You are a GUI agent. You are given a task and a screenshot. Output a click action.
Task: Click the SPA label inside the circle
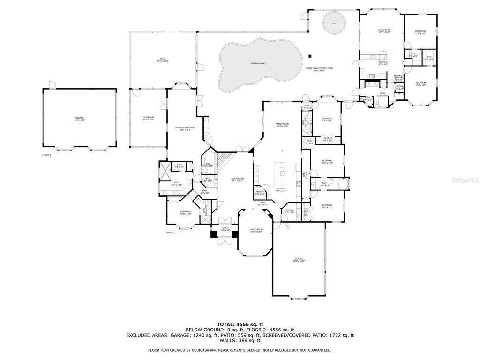pos(334,22)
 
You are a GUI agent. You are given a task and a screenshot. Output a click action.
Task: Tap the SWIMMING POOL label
pos(258,63)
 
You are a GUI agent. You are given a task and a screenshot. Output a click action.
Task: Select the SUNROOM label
pos(149,118)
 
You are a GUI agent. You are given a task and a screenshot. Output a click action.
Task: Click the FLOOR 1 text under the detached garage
pos(47,154)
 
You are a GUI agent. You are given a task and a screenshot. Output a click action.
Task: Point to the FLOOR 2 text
pos(170,232)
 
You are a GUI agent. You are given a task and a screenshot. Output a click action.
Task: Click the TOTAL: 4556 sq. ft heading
pos(240,324)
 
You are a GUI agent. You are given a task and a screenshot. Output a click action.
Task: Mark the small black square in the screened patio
pos(310,56)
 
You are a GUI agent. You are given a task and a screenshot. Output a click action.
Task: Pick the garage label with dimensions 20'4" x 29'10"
pos(299,260)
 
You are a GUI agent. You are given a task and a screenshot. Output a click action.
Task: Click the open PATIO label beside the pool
pos(163,60)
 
